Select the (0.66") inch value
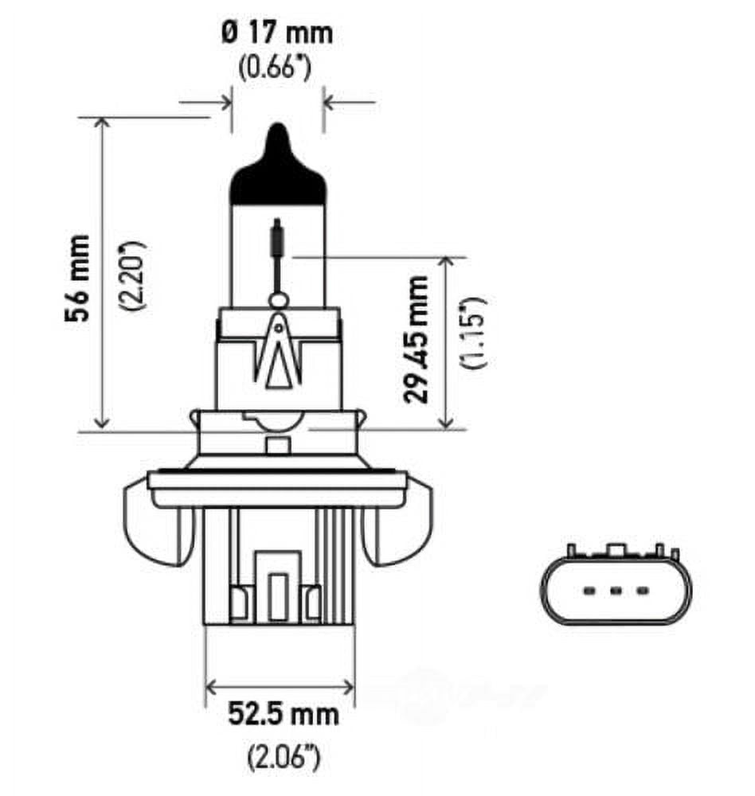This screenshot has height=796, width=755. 276,68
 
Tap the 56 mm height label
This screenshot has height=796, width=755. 79,277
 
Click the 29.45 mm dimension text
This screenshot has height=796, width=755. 417,338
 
